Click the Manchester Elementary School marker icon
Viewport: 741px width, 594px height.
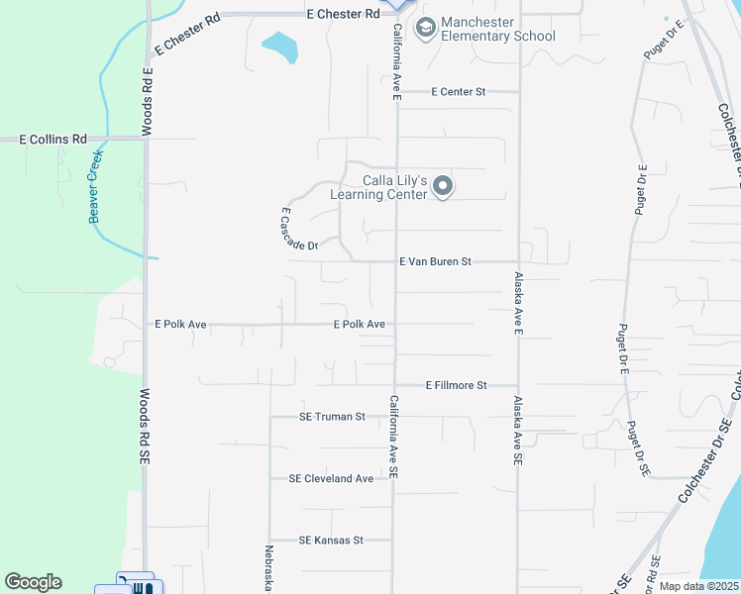click(426, 28)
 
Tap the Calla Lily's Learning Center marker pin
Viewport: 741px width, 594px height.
click(443, 186)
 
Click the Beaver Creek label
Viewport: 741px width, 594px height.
click(96, 186)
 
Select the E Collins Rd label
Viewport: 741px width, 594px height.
click(53, 140)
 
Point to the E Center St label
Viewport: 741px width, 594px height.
click(458, 92)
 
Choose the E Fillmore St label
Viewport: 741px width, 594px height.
click(457, 385)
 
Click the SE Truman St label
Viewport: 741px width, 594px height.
click(333, 417)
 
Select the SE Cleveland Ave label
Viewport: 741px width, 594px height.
click(331, 478)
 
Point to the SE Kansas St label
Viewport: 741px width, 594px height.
click(332, 541)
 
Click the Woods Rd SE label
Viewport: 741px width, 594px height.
click(145, 428)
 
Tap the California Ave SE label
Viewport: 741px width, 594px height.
click(393, 438)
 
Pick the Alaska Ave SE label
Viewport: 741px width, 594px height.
click(517, 432)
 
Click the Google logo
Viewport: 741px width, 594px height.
click(33, 582)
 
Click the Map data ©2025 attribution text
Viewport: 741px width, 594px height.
click(697, 586)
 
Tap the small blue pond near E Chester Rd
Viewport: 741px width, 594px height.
click(280, 46)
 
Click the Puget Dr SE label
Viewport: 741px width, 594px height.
click(636, 447)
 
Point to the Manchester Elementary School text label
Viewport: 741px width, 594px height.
click(499, 29)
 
